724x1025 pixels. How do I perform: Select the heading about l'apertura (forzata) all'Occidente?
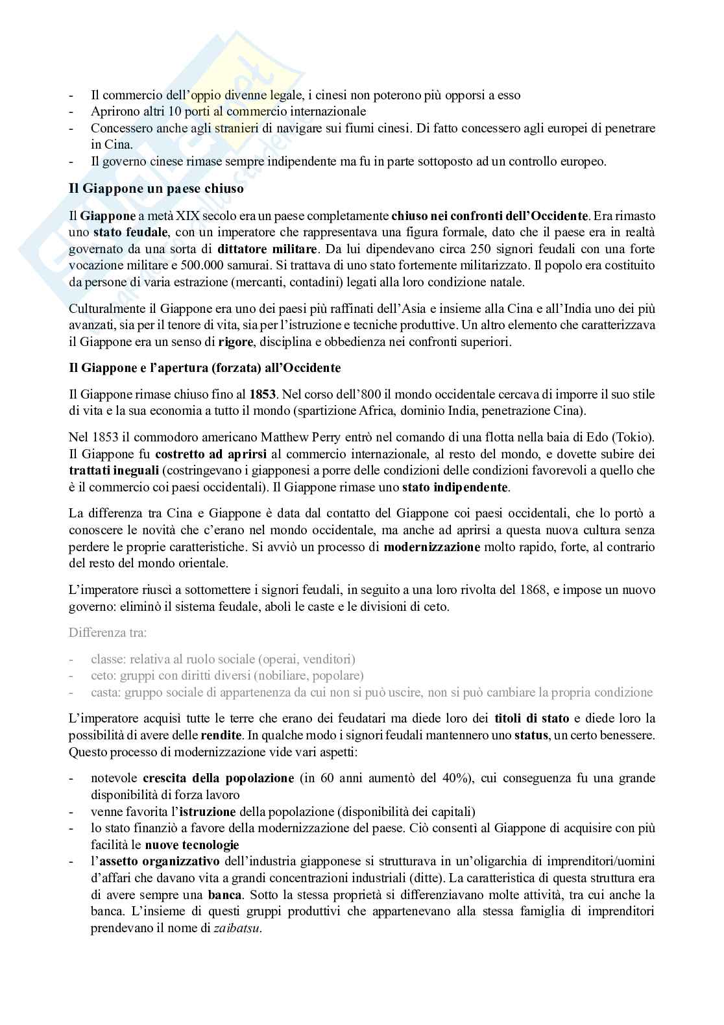204,368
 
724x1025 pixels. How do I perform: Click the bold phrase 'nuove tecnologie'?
192,845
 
